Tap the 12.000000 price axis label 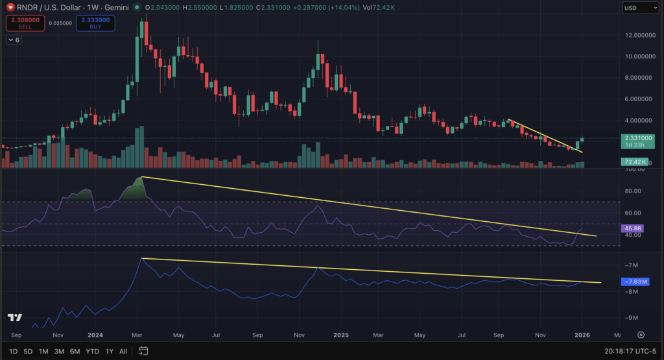point(637,35)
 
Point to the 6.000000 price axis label point(637,99)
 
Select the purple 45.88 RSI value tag point(632,229)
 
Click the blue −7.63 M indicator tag point(635,282)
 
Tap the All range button point(123,351)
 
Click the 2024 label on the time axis point(95,335)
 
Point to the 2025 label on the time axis point(341,335)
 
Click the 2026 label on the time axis point(582,335)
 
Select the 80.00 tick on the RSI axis point(633,191)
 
